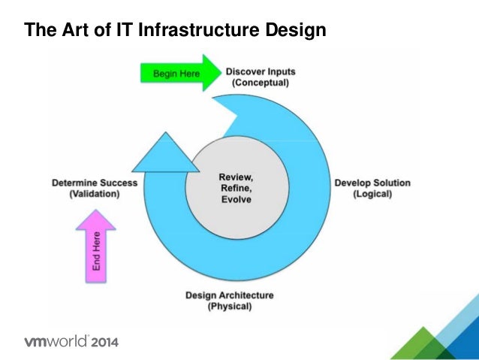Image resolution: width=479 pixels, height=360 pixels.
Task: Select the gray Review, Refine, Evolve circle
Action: pos(235,188)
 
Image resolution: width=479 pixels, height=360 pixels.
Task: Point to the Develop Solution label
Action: pos(363,183)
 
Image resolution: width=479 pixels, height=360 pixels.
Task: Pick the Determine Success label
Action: pos(95,182)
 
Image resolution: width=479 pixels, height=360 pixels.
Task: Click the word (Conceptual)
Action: pos(260,83)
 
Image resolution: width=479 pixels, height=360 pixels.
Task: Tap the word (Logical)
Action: pos(372,194)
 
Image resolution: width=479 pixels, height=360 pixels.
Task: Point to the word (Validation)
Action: pos(95,193)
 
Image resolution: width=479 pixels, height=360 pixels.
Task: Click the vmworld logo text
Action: pos(57,342)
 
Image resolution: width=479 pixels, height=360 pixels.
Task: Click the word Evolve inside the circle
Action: pos(235,200)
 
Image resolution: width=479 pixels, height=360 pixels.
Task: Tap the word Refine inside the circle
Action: pos(235,188)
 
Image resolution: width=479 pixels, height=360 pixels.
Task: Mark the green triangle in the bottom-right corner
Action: pos(414,346)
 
